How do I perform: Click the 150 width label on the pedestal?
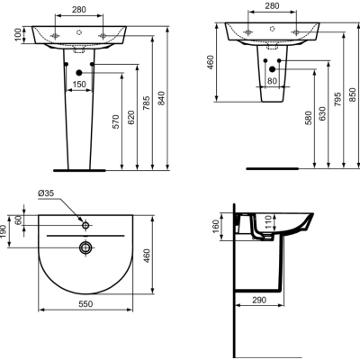click(x=80, y=84)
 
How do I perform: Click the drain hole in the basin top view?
click(x=85, y=247)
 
